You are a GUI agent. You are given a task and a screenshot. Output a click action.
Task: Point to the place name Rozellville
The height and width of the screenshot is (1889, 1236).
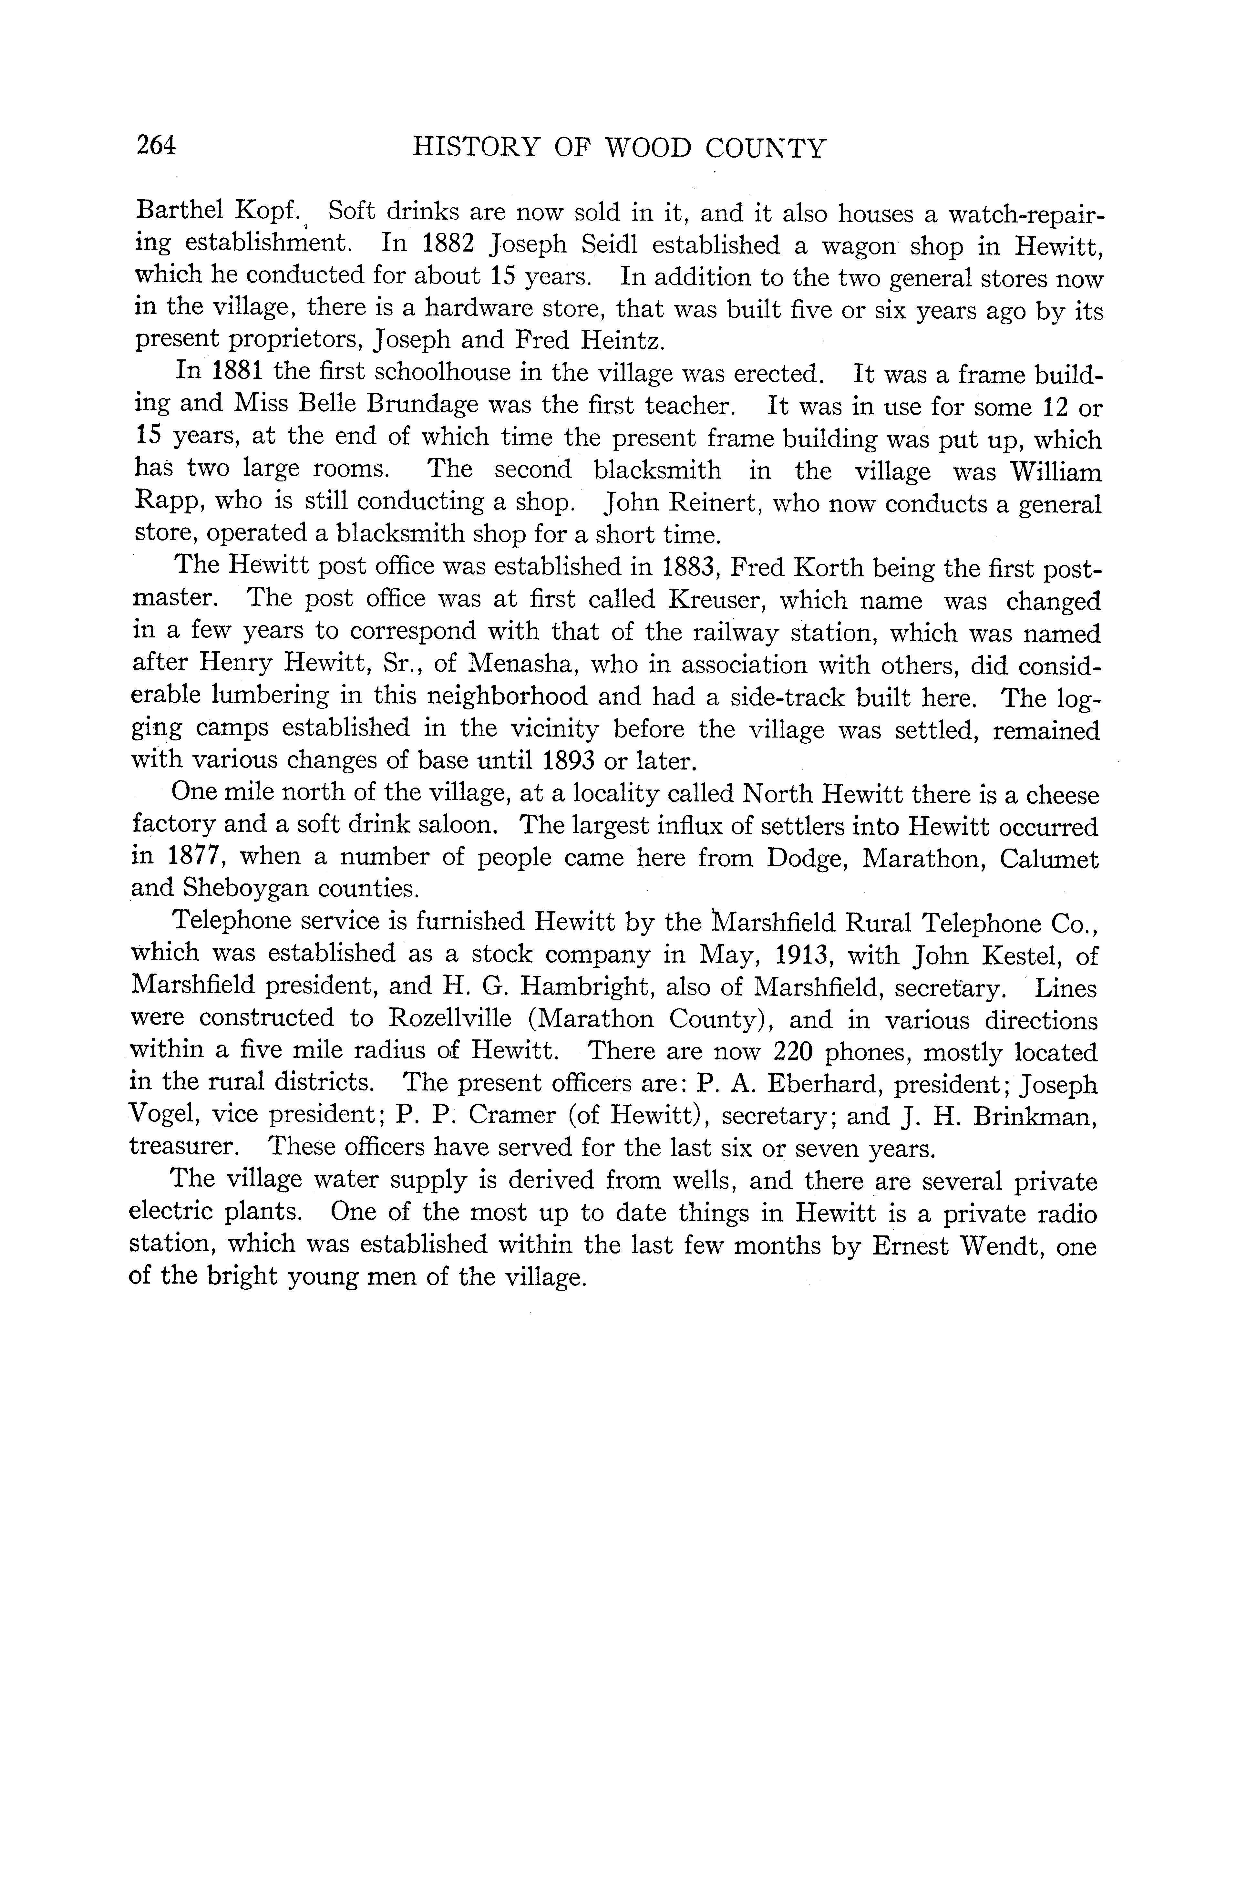449,1019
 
